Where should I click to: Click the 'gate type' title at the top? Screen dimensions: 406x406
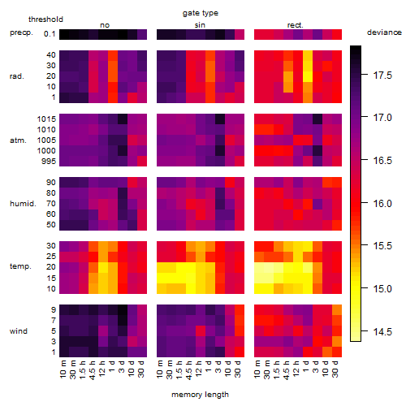tap(201, 13)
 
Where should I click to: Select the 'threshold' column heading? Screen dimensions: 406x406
tap(45, 19)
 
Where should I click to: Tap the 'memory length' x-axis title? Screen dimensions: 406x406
tap(200, 395)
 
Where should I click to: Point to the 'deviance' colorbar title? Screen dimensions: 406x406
tap(384, 32)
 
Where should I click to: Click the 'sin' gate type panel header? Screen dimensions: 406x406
tap(200, 25)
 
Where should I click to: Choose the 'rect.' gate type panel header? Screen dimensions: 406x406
tap(295, 25)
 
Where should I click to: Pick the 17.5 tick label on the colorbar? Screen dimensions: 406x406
tap(382, 76)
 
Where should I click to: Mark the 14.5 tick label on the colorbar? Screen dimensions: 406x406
tap(382, 331)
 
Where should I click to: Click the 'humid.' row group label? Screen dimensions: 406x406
tap(23, 204)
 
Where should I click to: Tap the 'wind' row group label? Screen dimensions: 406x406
tap(19, 331)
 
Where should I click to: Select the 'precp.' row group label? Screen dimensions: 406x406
tap(21, 33)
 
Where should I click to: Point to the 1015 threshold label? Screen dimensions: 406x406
tap(46, 119)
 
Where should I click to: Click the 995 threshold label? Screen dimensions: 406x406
tap(49, 162)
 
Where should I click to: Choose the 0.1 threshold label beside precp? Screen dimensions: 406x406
tap(50, 34)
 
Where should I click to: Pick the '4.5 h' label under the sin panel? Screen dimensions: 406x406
tap(190, 369)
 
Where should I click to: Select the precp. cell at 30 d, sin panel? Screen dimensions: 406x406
tap(240, 34)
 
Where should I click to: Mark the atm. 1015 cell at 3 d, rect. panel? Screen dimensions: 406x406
tap(317, 119)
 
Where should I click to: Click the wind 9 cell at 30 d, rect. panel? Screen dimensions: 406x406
tap(337, 310)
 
